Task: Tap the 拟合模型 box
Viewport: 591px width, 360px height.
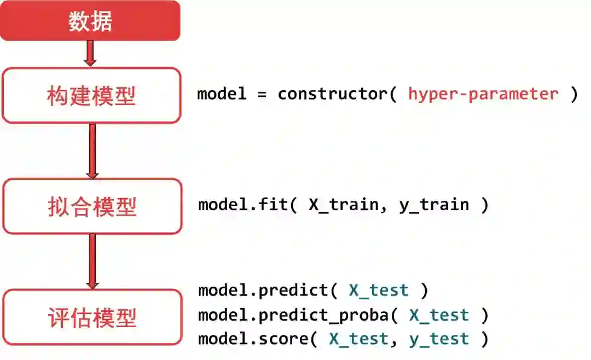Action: click(x=92, y=206)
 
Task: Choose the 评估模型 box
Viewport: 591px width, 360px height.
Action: click(x=92, y=317)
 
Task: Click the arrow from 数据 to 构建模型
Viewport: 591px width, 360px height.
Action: click(x=91, y=54)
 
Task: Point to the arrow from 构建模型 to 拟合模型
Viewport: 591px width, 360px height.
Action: click(x=92, y=150)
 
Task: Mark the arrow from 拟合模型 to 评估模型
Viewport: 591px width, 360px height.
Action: click(x=92, y=262)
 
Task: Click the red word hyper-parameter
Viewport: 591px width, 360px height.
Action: click(x=483, y=94)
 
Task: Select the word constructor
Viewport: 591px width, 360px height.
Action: click(x=332, y=94)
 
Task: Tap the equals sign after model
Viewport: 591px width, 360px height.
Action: click(x=262, y=94)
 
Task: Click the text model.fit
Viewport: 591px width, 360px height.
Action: click(x=242, y=205)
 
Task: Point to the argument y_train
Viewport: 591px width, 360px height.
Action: click(x=434, y=205)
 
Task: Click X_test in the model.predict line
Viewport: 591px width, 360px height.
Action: click(x=379, y=290)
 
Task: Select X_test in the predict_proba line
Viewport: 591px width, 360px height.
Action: click(x=439, y=315)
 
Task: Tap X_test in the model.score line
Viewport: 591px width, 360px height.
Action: click(x=358, y=339)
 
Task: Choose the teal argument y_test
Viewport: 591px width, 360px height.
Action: click(x=439, y=339)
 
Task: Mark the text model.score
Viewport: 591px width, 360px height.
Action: click(x=252, y=339)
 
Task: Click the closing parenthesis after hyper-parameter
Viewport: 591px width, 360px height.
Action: click(x=573, y=94)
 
